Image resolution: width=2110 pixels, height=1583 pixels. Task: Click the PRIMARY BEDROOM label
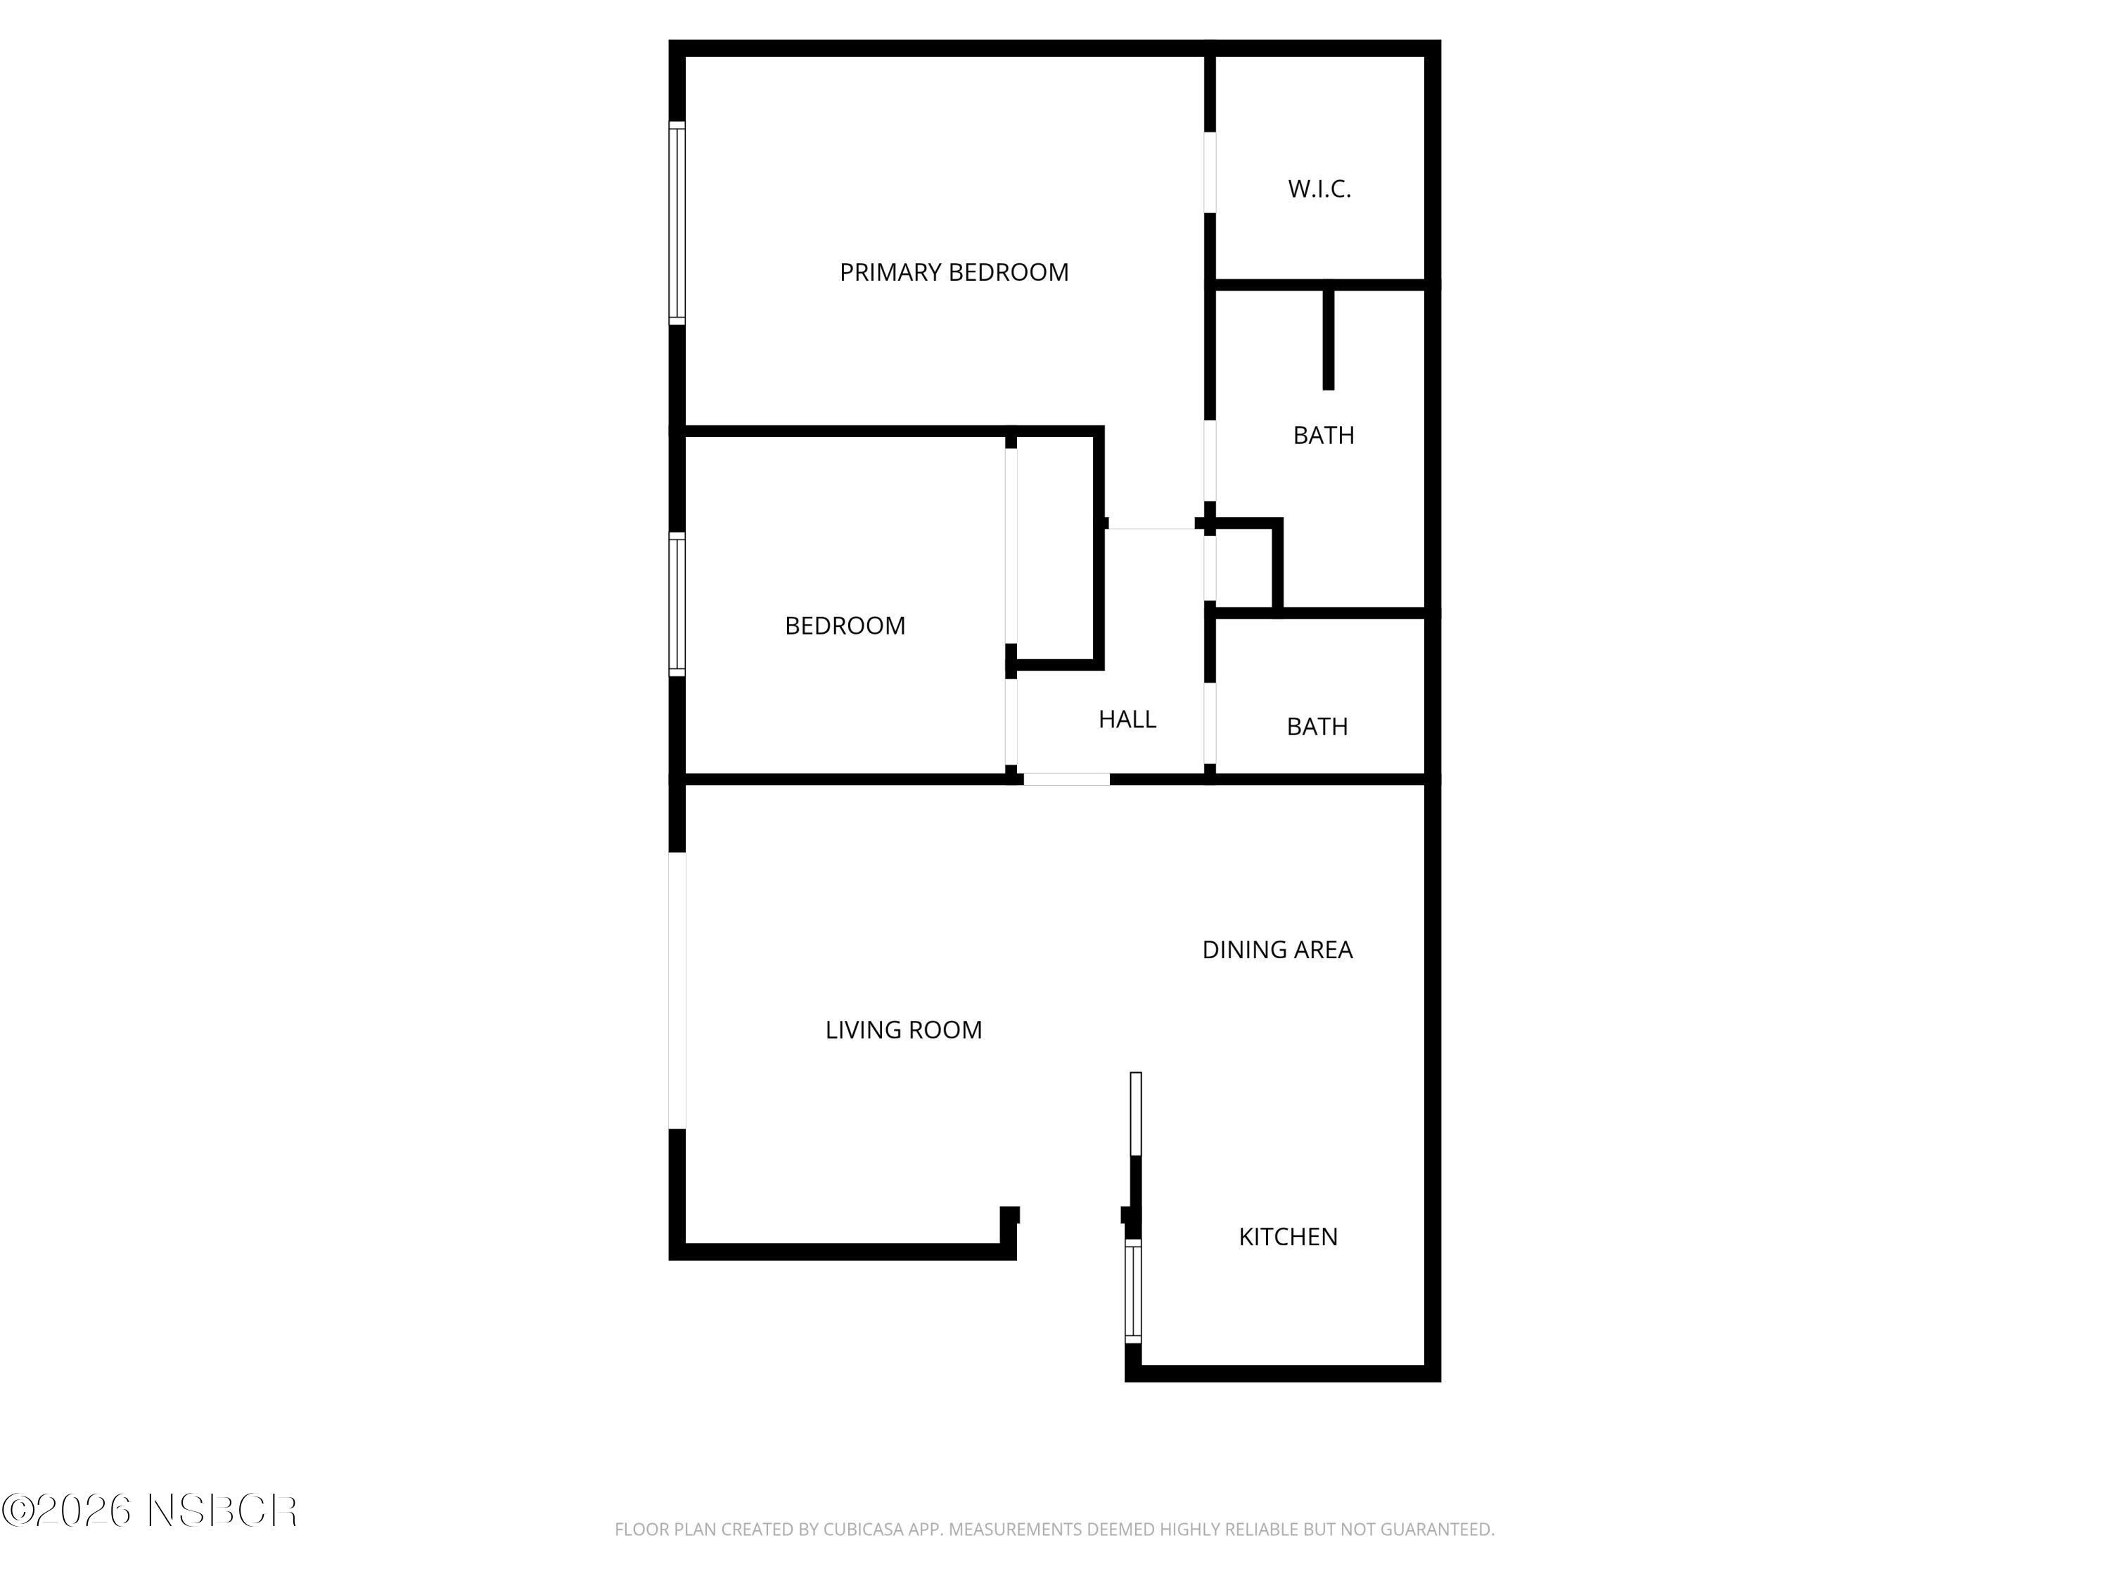[x=953, y=273]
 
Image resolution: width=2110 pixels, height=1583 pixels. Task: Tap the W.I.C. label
[x=1319, y=189]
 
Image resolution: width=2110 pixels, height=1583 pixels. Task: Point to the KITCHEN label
[x=1288, y=1237]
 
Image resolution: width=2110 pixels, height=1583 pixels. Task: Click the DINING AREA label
[x=1277, y=949]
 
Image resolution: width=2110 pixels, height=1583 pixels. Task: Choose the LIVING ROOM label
[x=903, y=1029]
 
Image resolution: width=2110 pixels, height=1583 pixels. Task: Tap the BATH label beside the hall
[x=1317, y=727]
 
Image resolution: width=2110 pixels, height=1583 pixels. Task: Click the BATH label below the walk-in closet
[x=1323, y=435]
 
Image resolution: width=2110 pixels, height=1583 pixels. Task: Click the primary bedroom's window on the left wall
[x=677, y=223]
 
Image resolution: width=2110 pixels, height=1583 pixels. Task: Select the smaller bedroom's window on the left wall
[x=677, y=604]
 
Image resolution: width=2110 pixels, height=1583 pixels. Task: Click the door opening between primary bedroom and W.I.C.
[x=1210, y=172]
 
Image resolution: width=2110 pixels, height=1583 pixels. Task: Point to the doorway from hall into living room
[x=1066, y=780]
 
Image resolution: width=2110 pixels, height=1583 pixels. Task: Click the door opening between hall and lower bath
[x=1210, y=723]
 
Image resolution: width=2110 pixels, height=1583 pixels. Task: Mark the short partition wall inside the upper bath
[x=1328, y=338]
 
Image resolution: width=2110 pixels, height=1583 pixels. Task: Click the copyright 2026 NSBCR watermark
[x=149, y=1511]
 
